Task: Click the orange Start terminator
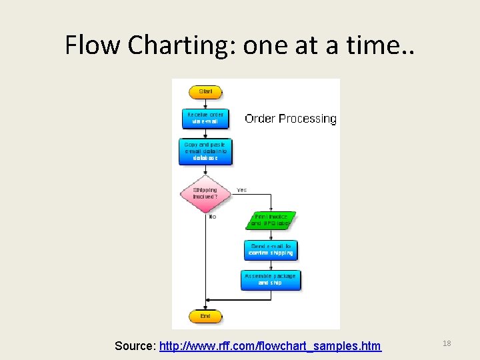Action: click(205, 92)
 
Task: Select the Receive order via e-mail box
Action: click(205, 118)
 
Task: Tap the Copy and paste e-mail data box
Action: click(205, 151)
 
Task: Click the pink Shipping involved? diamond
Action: click(205, 193)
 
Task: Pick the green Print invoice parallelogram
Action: click(271, 220)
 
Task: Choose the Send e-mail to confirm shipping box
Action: click(271, 250)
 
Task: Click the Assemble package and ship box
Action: click(271, 279)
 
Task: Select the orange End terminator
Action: click(205, 316)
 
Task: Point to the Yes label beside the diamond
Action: click(241, 190)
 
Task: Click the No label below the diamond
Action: click(213, 217)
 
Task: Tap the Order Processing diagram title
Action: click(291, 119)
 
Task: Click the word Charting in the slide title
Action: click(173, 45)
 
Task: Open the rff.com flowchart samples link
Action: click(270, 346)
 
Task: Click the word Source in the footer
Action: click(135, 346)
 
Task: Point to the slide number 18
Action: click(447, 343)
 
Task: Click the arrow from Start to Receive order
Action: click(205, 103)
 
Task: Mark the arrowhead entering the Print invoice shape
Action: click(271, 209)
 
